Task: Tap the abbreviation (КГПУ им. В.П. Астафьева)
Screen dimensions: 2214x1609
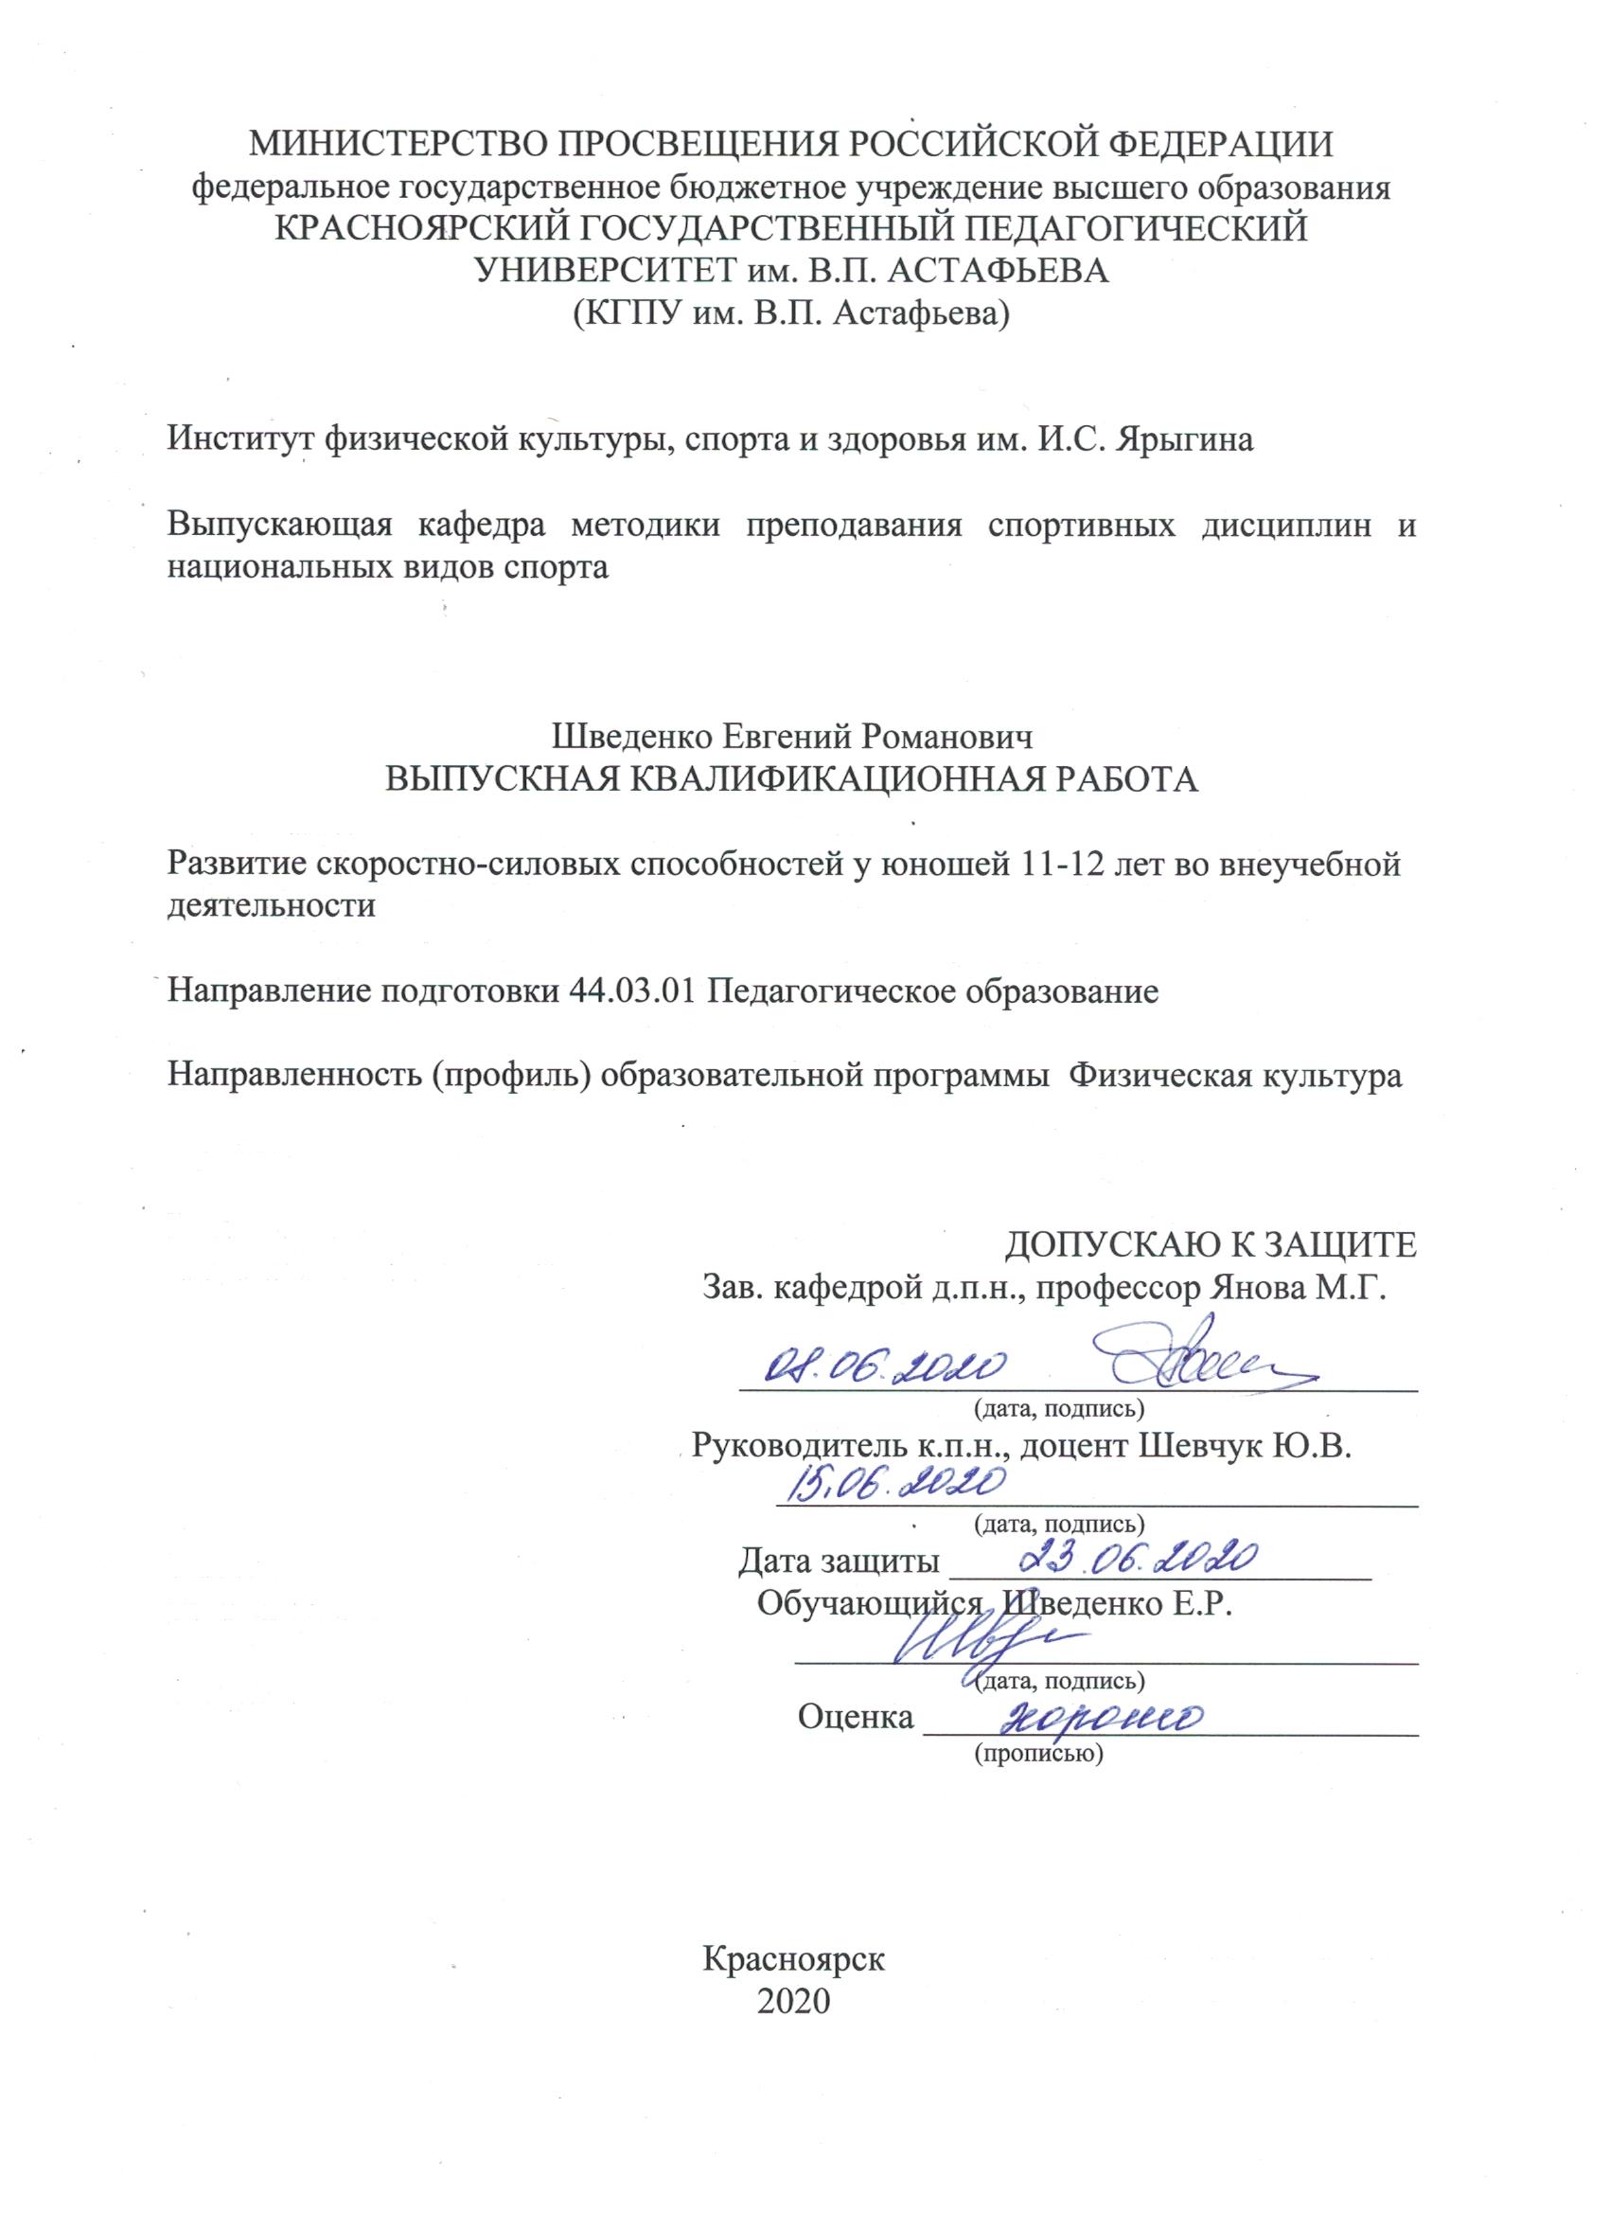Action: pyautogui.click(x=790, y=313)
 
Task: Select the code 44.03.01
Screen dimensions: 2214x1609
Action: pyautogui.click(x=631, y=991)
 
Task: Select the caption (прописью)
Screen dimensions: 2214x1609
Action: pyautogui.click(x=1038, y=1753)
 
